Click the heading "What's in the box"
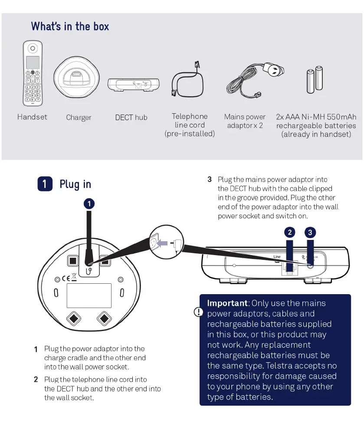[70, 26]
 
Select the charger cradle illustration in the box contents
[78, 79]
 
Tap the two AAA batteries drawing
[315, 79]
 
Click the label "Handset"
[32, 117]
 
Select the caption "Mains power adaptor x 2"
[245, 121]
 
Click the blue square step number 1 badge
[45, 184]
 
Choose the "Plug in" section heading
[75, 184]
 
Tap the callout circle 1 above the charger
[89, 203]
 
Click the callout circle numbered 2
[290, 232]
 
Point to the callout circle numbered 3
[310, 232]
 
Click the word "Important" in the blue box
[227, 303]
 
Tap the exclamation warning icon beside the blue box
[199, 312]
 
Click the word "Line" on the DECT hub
[277, 257]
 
